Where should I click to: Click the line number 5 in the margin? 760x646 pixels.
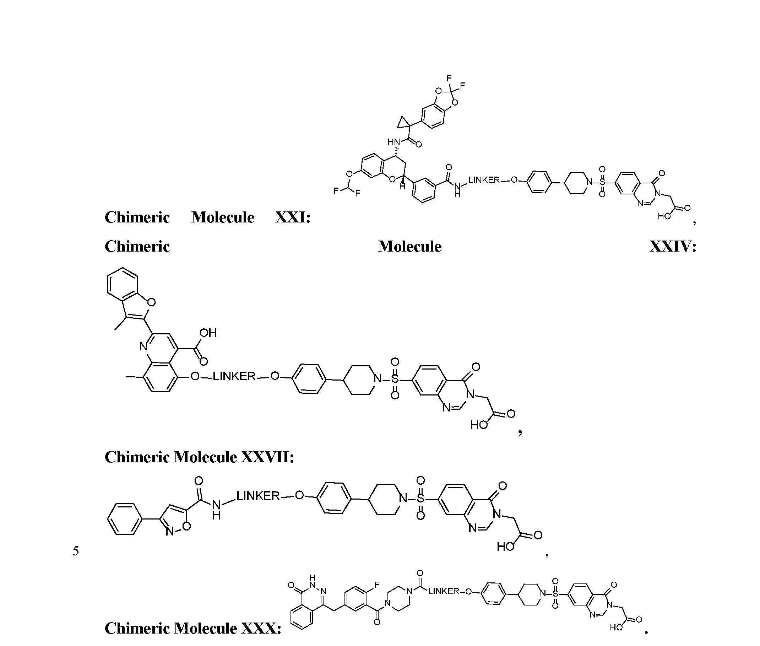76,551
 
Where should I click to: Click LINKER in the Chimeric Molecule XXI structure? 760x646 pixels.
484,180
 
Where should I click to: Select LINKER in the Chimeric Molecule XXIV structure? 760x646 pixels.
234,376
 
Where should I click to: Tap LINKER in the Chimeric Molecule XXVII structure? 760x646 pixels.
258,496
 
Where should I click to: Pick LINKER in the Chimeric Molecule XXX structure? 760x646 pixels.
444,591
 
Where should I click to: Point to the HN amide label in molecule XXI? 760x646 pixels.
394,142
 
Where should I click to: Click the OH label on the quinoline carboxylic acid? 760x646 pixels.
208,333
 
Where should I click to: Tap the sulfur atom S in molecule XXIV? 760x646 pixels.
395,379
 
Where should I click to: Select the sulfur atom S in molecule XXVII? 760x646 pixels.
420,499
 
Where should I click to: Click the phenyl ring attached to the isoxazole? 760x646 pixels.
124,519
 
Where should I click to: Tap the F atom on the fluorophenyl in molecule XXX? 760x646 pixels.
377,585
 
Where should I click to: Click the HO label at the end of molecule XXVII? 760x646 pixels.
505,547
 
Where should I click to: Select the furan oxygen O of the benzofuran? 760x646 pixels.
151,302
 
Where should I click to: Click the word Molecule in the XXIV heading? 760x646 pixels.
410,247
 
